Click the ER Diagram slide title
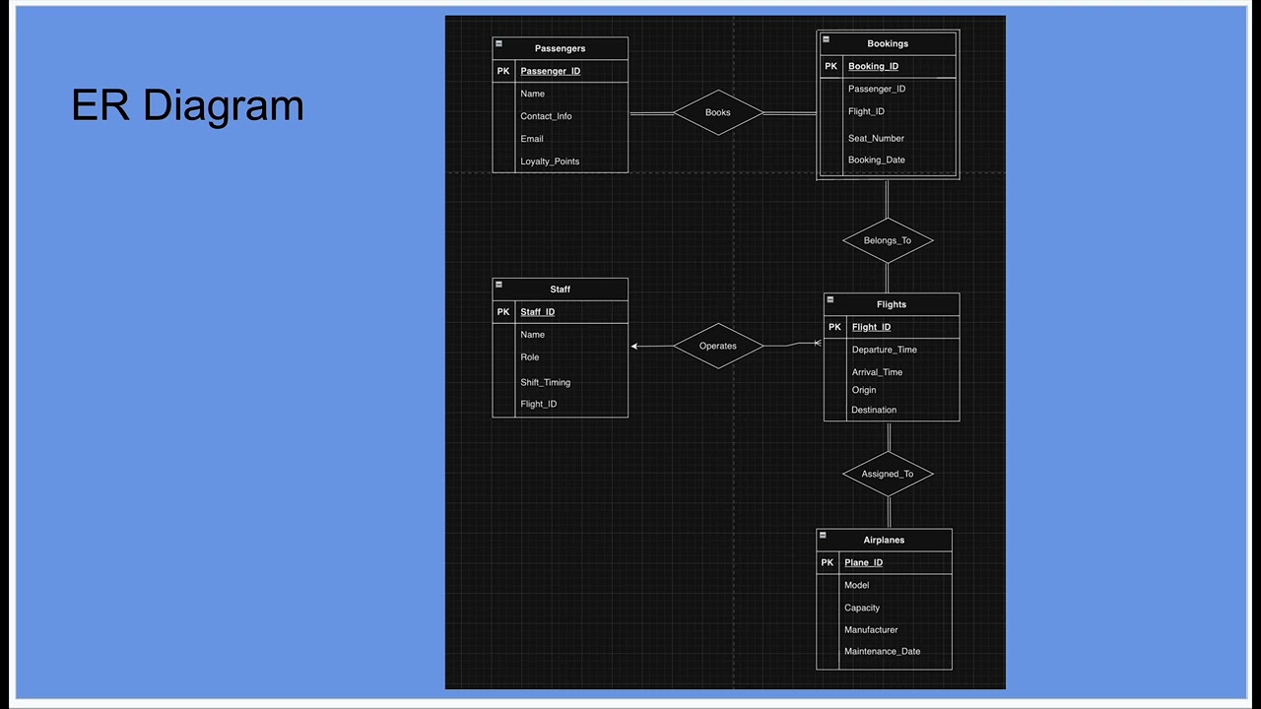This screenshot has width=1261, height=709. click(x=187, y=105)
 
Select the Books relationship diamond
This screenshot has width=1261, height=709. click(x=718, y=112)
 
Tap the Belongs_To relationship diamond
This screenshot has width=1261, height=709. click(x=887, y=240)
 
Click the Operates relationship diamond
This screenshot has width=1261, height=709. click(x=718, y=346)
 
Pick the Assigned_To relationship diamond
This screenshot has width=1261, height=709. click(x=887, y=474)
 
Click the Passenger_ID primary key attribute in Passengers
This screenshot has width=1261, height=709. click(x=550, y=71)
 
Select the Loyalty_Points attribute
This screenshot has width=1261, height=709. click(x=550, y=161)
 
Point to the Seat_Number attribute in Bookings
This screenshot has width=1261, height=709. click(x=876, y=138)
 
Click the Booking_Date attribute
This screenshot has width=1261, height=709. click(x=876, y=160)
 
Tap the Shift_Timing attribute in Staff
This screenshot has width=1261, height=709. click(x=545, y=382)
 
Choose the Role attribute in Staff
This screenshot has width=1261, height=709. click(x=530, y=357)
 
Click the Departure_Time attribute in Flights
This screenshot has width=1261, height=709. click(x=884, y=350)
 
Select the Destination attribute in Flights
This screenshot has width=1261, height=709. click(x=874, y=410)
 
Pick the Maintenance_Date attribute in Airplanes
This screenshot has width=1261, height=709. click(x=882, y=651)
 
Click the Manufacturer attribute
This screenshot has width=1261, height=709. click(x=871, y=629)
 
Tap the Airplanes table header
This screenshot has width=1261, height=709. click(x=884, y=540)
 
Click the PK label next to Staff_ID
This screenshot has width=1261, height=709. click(x=503, y=312)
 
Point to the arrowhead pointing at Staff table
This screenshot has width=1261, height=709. click(x=634, y=346)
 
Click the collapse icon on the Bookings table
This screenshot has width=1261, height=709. click(x=826, y=40)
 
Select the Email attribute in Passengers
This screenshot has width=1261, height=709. click(x=532, y=139)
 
